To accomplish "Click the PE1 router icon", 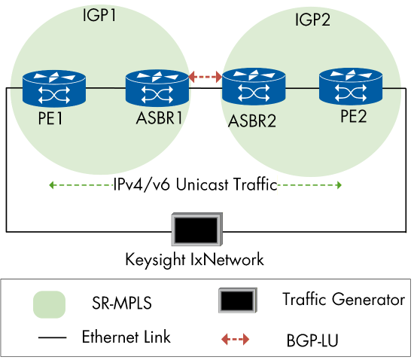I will [x=54, y=87].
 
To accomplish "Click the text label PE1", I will [x=53, y=121].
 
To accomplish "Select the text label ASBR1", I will [x=157, y=121].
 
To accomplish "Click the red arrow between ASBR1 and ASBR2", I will [x=205, y=76].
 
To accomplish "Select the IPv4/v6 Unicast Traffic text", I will [x=196, y=185].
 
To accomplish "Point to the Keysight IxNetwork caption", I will [x=195, y=260].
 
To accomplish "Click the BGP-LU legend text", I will [x=310, y=341].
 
